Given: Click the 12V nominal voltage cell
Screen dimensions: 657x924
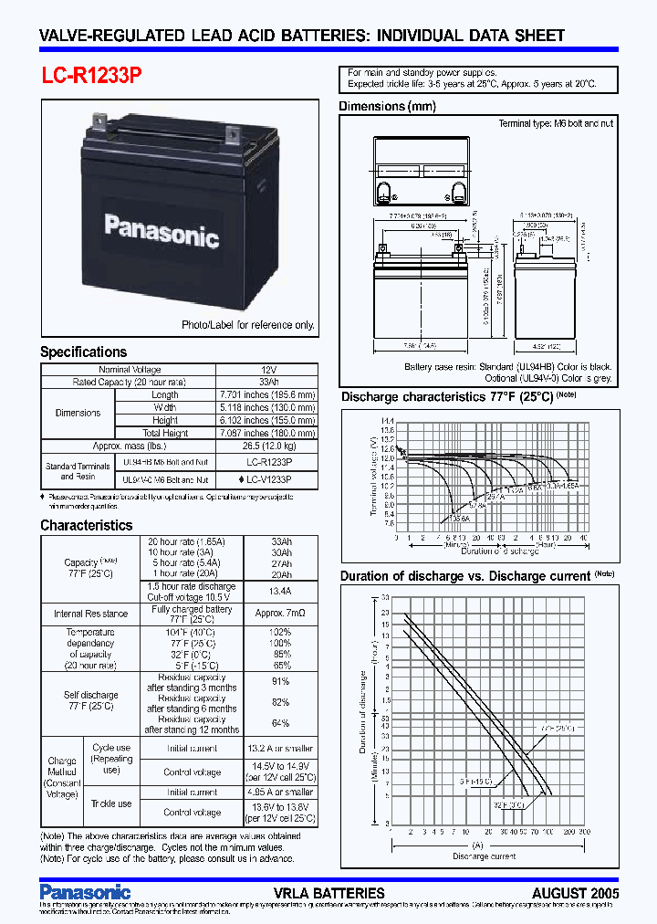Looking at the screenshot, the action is click(x=267, y=370).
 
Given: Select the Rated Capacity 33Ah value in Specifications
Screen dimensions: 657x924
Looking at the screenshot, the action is click(x=267, y=382).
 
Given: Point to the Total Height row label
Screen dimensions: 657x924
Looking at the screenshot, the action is click(x=164, y=433).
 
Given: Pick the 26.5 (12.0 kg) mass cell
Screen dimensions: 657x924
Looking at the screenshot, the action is click(x=267, y=446).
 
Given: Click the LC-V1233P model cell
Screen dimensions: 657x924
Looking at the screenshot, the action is click(x=267, y=478).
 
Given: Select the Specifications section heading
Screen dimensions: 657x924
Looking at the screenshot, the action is click(x=84, y=352).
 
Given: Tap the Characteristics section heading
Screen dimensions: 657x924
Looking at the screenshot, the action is click(x=87, y=525).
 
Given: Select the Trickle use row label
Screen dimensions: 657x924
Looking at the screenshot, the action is click(x=111, y=803).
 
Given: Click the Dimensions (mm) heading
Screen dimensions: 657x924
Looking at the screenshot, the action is click(x=387, y=107).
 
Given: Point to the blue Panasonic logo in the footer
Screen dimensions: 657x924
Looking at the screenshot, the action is click(x=86, y=891).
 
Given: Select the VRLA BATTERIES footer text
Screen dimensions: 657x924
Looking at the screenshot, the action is click(x=328, y=892).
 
